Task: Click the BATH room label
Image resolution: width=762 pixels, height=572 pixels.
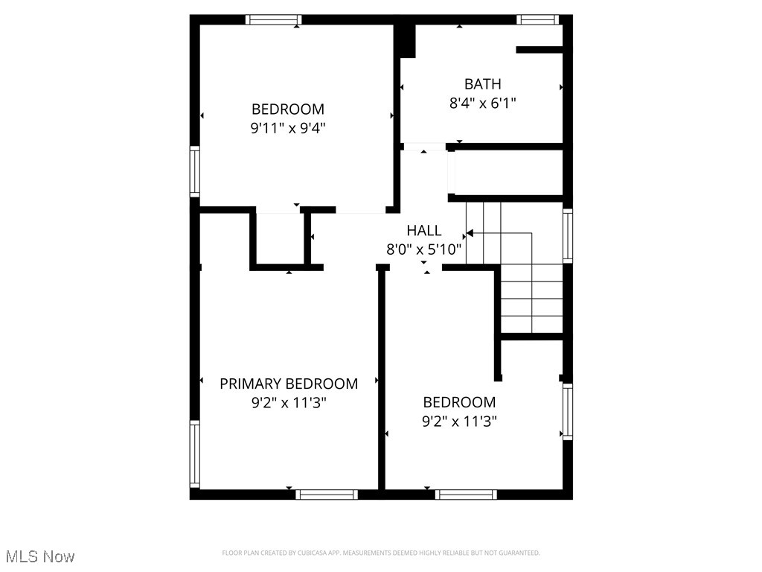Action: pos(482,84)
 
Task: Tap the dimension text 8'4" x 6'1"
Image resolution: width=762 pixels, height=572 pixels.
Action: pos(482,104)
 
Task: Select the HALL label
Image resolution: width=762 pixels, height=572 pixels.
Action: pos(423,231)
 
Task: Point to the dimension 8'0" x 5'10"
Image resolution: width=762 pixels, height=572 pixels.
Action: pos(423,250)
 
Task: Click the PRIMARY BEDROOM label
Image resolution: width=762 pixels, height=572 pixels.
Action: pos(289,384)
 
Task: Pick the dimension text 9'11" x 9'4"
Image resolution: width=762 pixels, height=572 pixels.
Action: pos(288,128)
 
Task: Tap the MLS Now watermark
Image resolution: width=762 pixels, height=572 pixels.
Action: pos(40,556)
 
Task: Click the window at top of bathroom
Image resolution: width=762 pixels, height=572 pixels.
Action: pos(539,20)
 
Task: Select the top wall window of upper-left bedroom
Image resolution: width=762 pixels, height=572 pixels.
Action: pos(273,20)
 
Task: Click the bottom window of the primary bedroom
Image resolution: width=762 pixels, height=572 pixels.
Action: pos(327,494)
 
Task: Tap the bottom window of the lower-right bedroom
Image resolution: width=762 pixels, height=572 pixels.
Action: pos(466,494)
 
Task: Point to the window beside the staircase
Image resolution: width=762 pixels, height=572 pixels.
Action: pos(568,235)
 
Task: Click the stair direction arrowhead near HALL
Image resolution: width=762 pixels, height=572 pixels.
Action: pos(470,233)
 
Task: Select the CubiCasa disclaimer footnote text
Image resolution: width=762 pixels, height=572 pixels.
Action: pos(381,553)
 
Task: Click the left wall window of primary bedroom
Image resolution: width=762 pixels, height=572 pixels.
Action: pos(195,454)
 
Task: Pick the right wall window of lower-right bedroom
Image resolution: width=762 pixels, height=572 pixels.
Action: pos(568,411)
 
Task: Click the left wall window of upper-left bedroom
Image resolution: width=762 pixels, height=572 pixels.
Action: pos(195,171)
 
